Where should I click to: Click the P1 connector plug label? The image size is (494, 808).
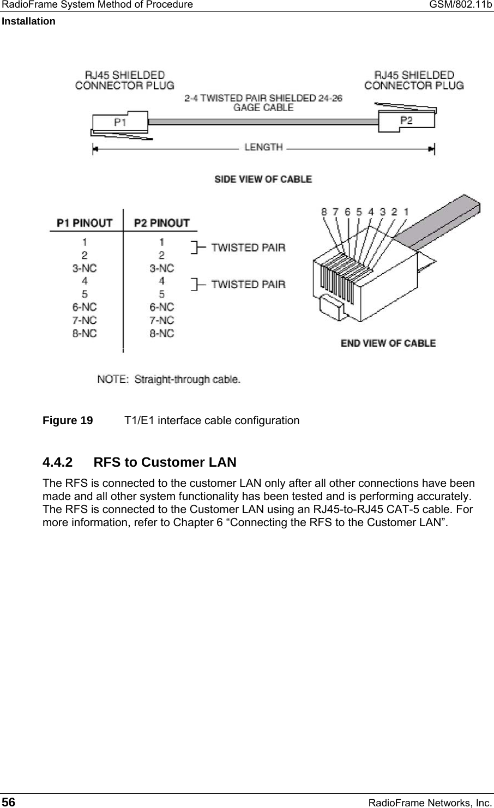pyautogui.click(x=120, y=122)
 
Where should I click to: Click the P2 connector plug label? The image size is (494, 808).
pyautogui.click(x=406, y=120)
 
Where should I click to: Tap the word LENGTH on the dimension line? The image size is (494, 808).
pyautogui.click(x=263, y=147)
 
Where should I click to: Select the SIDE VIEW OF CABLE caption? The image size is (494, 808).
pyautogui.click(x=263, y=179)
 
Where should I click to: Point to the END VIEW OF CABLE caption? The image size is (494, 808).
pyautogui.click(x=388, y=343)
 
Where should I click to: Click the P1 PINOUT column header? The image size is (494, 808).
pyautogui.click(x=85, y=223)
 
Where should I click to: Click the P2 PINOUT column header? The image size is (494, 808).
pyautogui.click(x=161, y=223)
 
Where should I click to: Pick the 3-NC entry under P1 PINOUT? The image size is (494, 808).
pyautogui.click(x=85, y=268)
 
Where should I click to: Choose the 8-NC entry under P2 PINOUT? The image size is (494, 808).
pyautogui.click(x=161, y=333)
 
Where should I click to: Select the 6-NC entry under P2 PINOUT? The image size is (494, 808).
pyautogui.click(x=161, y=307)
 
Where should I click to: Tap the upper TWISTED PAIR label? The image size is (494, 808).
pyautogui.click(x=248, y=248)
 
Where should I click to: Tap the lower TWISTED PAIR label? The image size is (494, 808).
pyautogui.click(x=248, y=284)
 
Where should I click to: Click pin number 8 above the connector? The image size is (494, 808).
pyautogui.click(x=324, y=212)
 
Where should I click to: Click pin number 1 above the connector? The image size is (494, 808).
pyautogui.click(x=407, y=212)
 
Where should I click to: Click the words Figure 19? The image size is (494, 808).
pyautogui.click(x=68, y=421)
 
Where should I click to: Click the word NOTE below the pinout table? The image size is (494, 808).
pyautogui.click(x=113, y=379)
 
